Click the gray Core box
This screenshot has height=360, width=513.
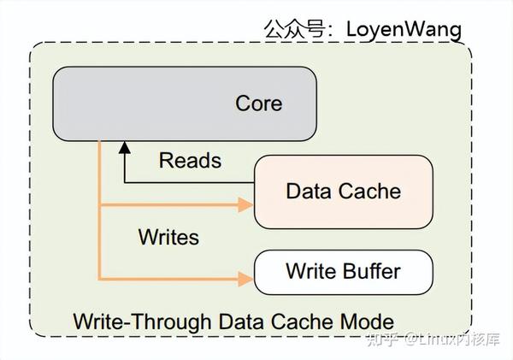[x=184, y=103]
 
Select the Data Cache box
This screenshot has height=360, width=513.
[x=342, y=191]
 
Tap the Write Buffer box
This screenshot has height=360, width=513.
[x=342, y=273]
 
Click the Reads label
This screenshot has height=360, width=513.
[x=190, y=160]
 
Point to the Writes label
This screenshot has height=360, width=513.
[x=168, y=237]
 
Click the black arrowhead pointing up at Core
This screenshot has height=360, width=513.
[x=125, y=149]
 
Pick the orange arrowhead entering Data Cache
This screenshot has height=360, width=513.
[x=247, y=205]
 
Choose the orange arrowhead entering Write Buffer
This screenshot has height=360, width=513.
[x=247, y=279]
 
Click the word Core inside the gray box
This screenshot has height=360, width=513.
[x=258, y=103]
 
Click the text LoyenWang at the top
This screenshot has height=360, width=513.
[x=403, y=28]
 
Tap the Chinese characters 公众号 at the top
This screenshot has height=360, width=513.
[x=296, y=28]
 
